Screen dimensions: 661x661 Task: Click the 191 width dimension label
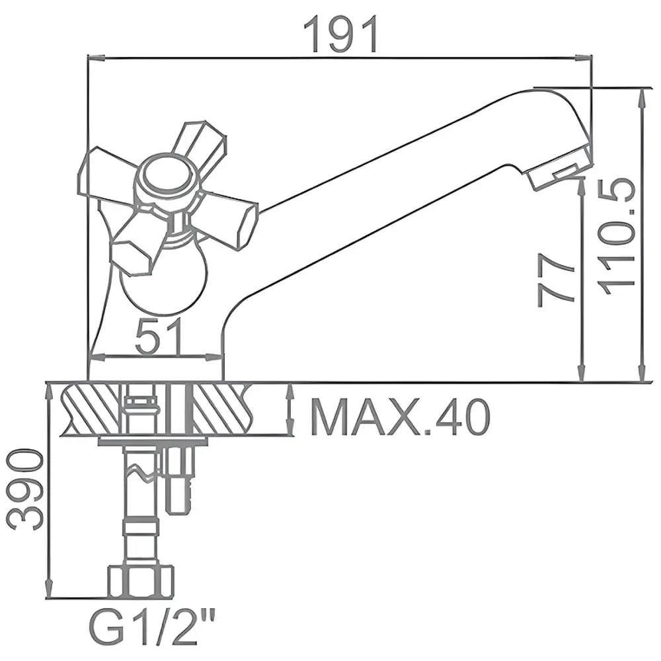[341, 35]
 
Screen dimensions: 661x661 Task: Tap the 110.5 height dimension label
[617, 237]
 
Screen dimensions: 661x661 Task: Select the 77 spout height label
[556, 280]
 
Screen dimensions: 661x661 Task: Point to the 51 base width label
[160, 336]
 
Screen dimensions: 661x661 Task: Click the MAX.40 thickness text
[401, 417]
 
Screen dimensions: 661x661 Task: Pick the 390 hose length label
[25, 489]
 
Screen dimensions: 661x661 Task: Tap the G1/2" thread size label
[152, 629]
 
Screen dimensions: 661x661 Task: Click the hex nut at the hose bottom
[141, 582]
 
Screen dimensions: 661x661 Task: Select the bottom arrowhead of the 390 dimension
[50, 588]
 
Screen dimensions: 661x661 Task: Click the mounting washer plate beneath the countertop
[153, 442]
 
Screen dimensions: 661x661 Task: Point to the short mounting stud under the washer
[180, 481]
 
